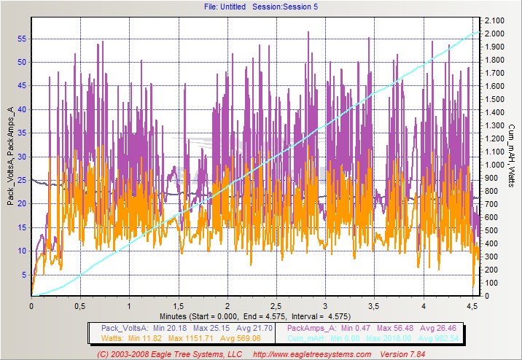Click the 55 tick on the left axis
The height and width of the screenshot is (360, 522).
[22, 38]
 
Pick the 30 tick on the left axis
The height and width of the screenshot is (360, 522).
[22, 157]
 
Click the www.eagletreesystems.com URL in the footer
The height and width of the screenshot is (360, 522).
[314, 353]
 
